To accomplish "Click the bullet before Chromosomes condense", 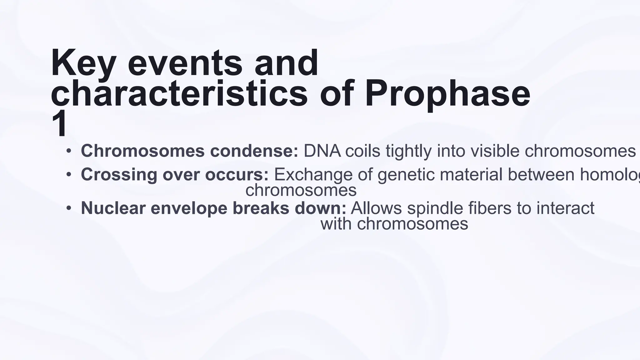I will [x=68, y=152].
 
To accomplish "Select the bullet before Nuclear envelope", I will [x=68, y=208].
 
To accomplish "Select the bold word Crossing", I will [x=119, y=174].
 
